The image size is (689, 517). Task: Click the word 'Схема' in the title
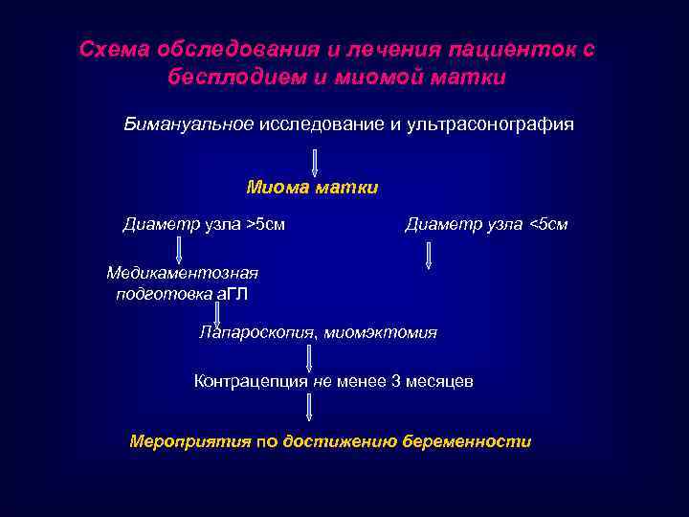coord(110,49)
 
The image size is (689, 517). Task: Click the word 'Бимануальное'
coord(188,124)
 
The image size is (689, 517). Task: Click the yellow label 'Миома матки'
coord(312,188)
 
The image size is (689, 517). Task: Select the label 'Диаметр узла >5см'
coord(204,225)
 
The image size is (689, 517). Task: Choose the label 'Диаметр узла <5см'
coord(486,225)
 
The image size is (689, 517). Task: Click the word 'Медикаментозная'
coord(182,273)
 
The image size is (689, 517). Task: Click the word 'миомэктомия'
coord(380,333)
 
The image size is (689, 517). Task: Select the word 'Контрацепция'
coord(251,381)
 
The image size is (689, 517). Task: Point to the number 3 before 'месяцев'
coord(396,381)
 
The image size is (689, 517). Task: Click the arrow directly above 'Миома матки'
coord(315,163)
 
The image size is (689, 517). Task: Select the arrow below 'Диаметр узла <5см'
coord(428,255)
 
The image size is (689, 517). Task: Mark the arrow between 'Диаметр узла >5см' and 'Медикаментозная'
coord(178,250)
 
